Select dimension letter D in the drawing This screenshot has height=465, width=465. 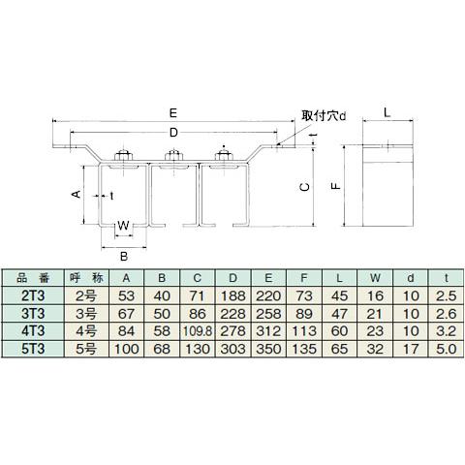click(172, 131)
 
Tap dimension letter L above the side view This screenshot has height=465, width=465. click(386, 113)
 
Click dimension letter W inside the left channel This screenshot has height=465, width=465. click(123, 229)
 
